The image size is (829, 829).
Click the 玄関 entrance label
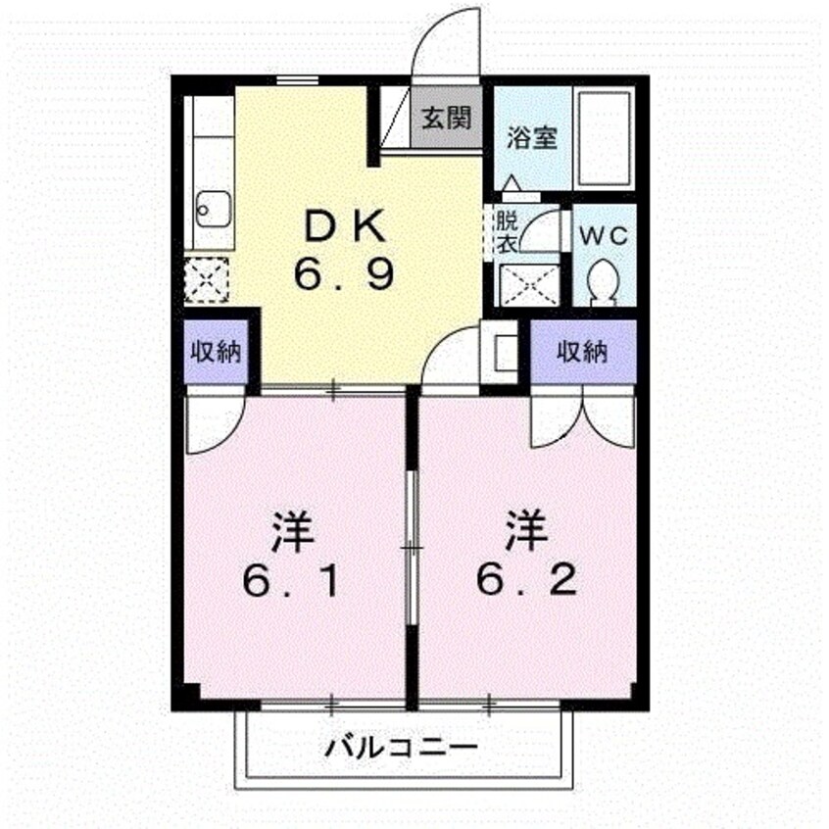[x=447, y=119]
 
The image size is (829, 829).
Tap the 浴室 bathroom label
[x=531, y=138]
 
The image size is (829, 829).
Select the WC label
[x=606, y=236]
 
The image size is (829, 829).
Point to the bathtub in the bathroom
[x=603, y=138]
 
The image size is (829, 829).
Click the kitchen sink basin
[x=212, y=208]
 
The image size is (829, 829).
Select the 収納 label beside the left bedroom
[x=218, y=351]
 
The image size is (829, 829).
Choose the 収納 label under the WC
[x=582, y=351]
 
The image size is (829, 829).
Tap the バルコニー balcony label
[x=402, y=750]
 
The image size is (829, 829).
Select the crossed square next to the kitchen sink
[x=207, y=279]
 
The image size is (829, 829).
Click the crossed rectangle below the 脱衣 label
[x=530, y=284]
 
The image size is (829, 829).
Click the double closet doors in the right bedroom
[x=582, y=418]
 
